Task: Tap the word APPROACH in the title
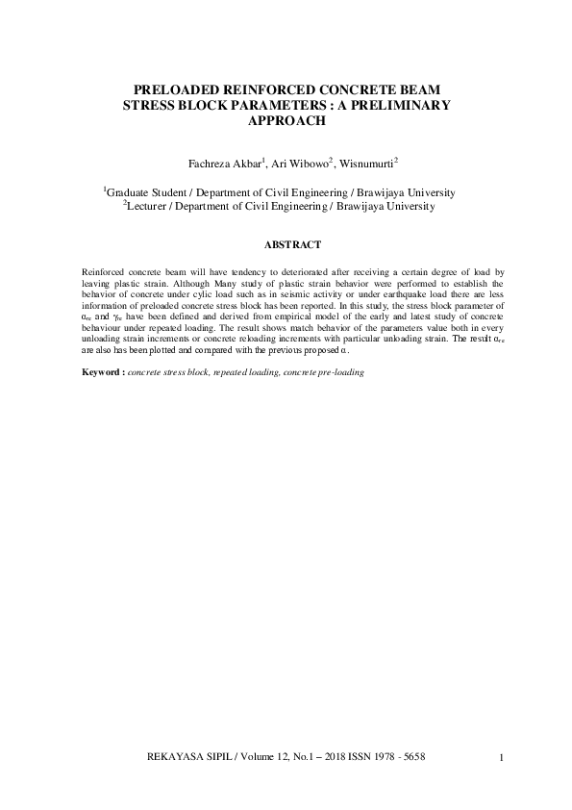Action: pos(286,122)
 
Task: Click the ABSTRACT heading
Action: pos(286,246)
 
